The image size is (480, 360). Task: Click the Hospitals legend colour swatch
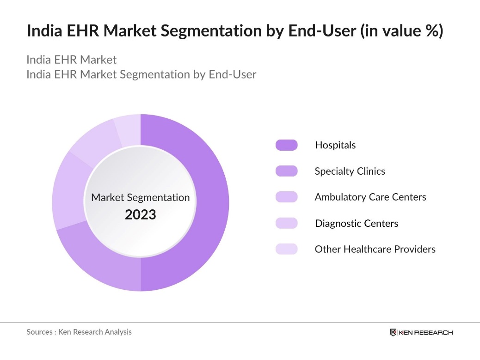[x=287, y=145]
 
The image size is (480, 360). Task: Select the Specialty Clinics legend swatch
[x=287, y=171]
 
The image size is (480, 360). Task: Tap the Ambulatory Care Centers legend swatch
[x=287, y=197]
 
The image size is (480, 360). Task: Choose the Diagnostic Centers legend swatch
[x=287, y=223]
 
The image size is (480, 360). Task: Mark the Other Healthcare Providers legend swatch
[x=287, y=249]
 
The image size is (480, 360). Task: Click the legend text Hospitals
[x=335, y=145]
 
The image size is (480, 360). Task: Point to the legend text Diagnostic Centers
[x=357, y=223]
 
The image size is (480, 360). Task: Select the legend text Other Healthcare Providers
[x=375, y=249]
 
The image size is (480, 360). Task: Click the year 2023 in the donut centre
[x=141, y=214]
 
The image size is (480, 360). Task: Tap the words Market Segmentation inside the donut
[x=141, y=197]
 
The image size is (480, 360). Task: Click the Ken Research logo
[x=421, y=332]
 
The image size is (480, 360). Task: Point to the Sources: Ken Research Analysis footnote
[x=79, y=332]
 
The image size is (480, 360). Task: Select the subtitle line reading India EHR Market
[x=72, y=60]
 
